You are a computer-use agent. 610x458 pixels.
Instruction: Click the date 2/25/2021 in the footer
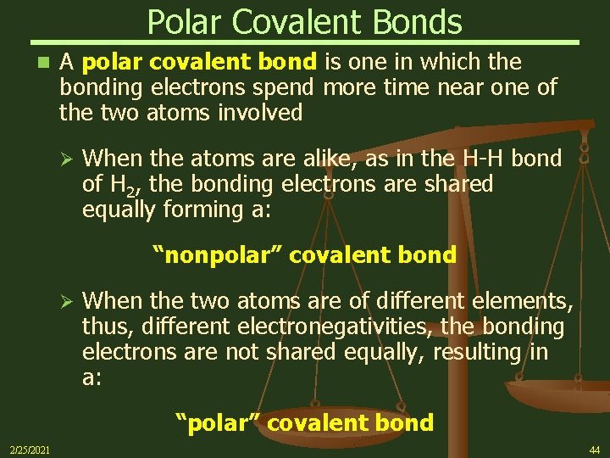point(30,449)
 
